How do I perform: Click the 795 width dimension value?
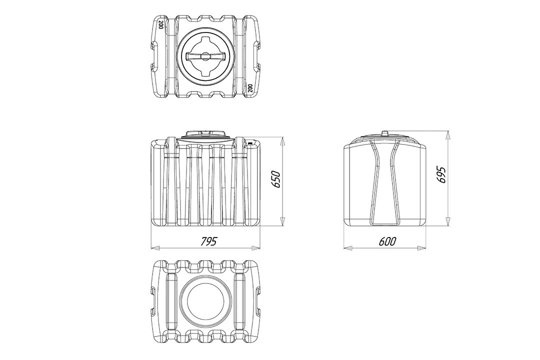pyautogui.click(x=209, y=241)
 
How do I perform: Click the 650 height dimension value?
pyautogui.click(x=276, y=179)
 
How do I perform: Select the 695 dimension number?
pyautogui.click(x=441, y=175)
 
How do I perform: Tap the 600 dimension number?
pyautogui.click(x=387, y=241)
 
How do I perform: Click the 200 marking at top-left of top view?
pyautogui.click(x=161, y=25)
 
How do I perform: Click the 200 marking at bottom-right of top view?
pyautogui.click(x=250, y=88)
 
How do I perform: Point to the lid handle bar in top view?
pyautogui.click(x=205, y=56)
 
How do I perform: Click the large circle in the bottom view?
pyautogui.click(x=205, y=298)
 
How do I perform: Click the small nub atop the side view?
pyautogui.click(x=385, y=132)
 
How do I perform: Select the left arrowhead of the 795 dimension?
pyautogui.click(x=156, y=247)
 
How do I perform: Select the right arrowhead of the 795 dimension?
pyautogui.click(x=255, y=247)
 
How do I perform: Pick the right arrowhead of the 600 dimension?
pyautogui.click(x=421, y=247)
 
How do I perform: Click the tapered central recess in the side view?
pyautogui.click(x=385, y=182)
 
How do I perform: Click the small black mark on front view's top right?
pyautogui.click(x=250, y=141)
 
